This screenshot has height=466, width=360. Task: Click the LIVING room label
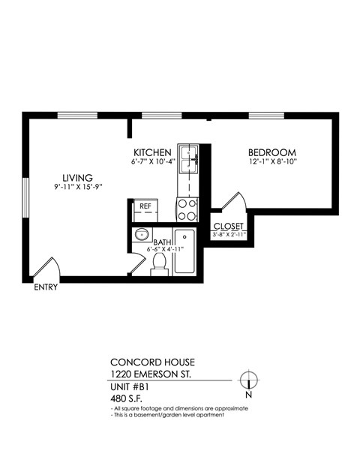[x=77, y=177]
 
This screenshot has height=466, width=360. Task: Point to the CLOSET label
[x=229, y=226]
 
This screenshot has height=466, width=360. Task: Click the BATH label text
[x=162, y=242]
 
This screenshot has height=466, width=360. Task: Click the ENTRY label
[x=46, y=287]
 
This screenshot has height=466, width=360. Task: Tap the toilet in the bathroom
[x=159, y=263]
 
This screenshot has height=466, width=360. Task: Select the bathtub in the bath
[x=184, y=251]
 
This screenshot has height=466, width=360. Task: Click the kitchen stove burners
[x=187, y=209]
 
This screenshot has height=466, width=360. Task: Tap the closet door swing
[x=235, y=203]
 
